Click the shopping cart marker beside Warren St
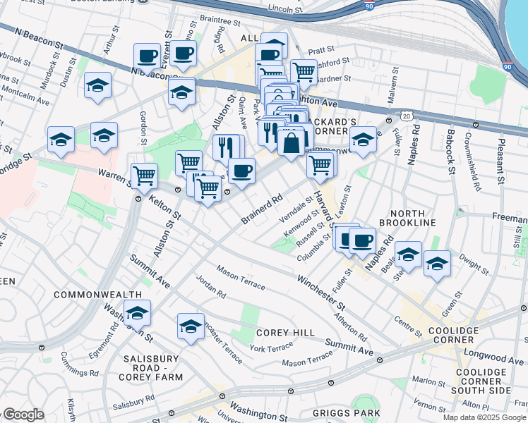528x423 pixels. (144, 174)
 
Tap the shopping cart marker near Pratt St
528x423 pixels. (304, 70)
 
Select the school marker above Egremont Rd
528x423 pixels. (138, 311)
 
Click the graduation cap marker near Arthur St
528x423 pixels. (97, 85)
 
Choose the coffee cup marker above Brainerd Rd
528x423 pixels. (241, 171)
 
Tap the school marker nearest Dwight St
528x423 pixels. (437, 264)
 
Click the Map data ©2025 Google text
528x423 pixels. (484, 417)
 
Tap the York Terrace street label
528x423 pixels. (270, 349)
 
